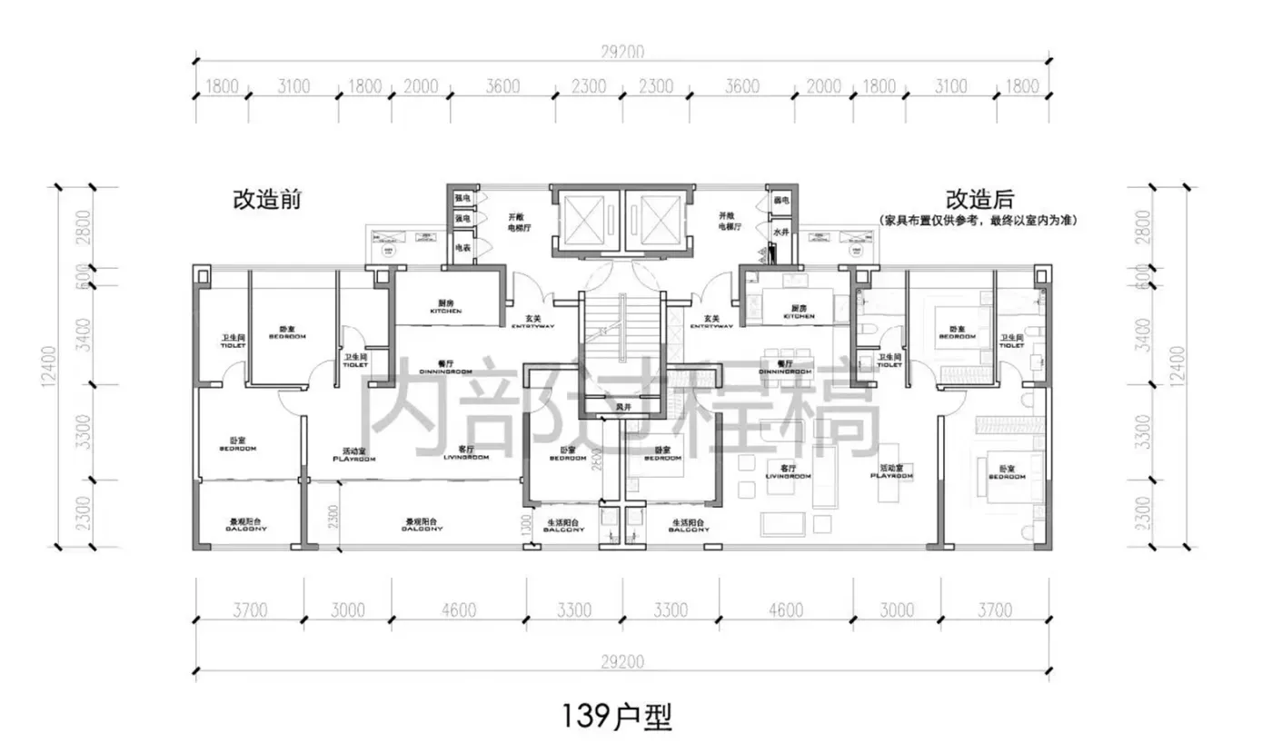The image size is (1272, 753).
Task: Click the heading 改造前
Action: coord(267,200)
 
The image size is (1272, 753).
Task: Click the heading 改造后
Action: coord(979,199)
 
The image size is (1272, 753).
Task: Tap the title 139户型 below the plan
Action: coord(617,718)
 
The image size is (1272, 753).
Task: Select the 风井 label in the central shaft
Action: coord(623,406)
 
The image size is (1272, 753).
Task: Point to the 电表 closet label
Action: coord(462,247)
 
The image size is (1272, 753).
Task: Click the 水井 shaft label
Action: coord(780,232)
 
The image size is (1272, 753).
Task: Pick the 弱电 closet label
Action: coord(779,199)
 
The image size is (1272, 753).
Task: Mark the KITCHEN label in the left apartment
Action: coord(445,312)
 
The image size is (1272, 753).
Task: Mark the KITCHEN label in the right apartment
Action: coord(798,316)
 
